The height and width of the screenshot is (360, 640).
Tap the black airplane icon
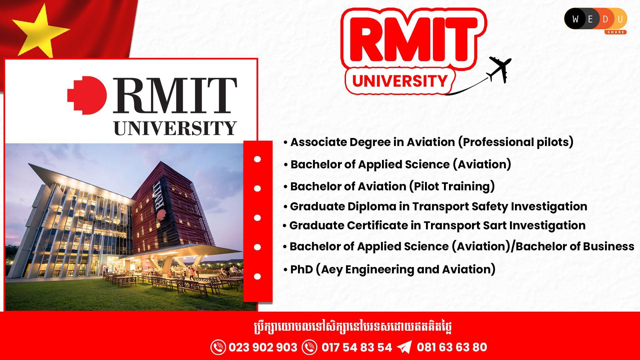pyautogui.click(x=499, y=69)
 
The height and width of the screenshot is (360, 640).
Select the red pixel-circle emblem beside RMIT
pyautogui.click(x=87, y=95)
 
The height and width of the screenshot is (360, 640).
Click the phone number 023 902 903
pyautogui.click(x=263, y=347)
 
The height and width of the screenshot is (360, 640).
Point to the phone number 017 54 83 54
pyautogui.click(x=357, y=347)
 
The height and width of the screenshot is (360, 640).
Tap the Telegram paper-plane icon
pyautogui.click(x=404, y=347)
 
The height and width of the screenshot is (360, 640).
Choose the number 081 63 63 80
pyautogui.click(x=452, y=347)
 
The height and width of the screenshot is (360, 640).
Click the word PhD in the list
pyautogui.click(x=301, y=269)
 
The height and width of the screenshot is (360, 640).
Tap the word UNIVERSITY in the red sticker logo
pyautogui.click(x=400, y=81)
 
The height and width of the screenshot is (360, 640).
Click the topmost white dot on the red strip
pyautogui.click(x=257, y=159)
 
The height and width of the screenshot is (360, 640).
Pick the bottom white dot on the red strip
pyautogui.click(x=257, y=276)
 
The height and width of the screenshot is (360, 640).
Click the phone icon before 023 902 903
pyautogui.click(x=218, y=347)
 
